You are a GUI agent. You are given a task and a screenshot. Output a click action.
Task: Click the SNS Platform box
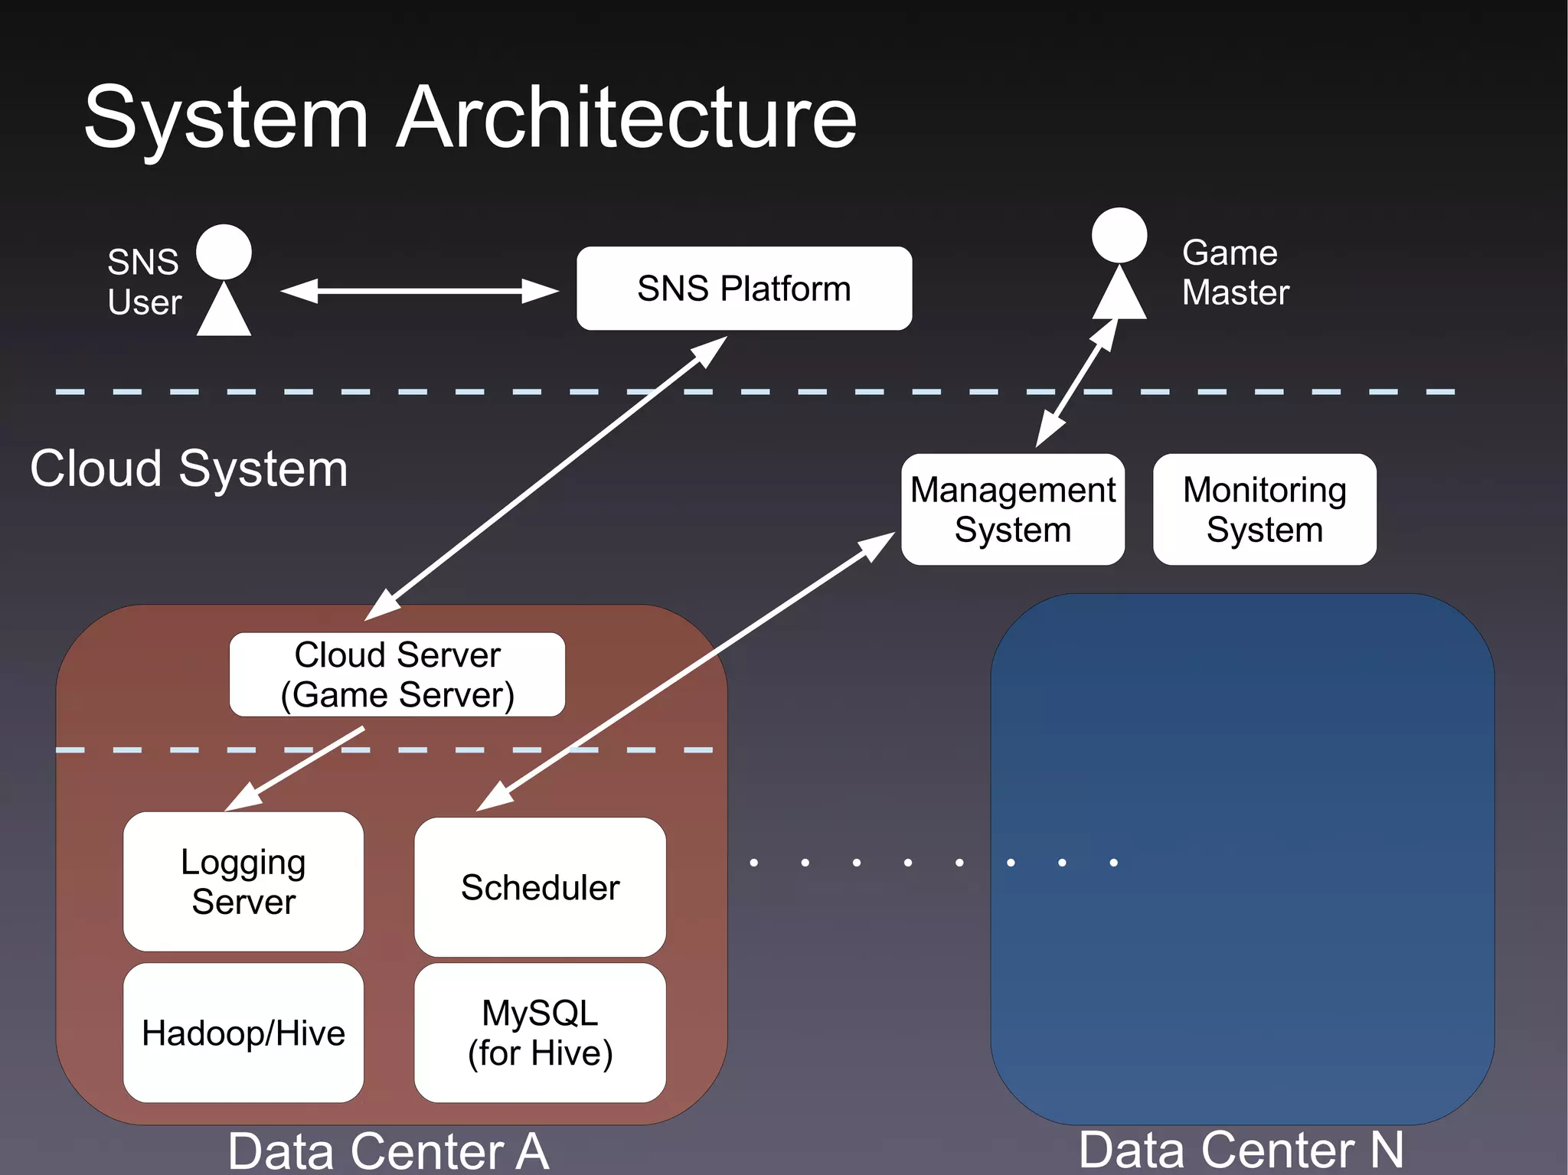(743, 289)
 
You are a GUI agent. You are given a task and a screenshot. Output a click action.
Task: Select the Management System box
(1012, 509)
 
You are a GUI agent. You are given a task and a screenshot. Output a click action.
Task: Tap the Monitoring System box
(1264, 509)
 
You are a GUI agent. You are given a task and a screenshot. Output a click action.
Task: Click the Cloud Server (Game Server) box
(397, 674)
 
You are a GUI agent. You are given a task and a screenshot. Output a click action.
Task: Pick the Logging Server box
(243, 881)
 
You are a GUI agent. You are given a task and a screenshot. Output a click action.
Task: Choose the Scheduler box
(540, 887)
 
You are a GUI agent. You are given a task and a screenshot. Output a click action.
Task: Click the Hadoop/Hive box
(243, 1033)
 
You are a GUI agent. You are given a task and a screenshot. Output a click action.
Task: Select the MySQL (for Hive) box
(540, 1033)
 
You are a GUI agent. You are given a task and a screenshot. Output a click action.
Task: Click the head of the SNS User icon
(224, 252)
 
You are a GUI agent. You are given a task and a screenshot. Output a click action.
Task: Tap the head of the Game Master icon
(1119, 235)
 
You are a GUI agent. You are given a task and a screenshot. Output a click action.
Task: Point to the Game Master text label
(1234, 273)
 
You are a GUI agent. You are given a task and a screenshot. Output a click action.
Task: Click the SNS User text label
(144, 282)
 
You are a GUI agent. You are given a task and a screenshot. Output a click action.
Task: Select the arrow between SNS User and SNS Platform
(419, 291)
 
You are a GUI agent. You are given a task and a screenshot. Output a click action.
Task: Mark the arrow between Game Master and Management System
(1077, 382)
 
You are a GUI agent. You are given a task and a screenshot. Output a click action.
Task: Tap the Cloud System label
(188, 468)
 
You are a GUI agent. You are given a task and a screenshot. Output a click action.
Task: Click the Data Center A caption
(388, 1151)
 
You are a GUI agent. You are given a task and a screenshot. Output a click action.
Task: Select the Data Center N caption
(1240, 1150)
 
